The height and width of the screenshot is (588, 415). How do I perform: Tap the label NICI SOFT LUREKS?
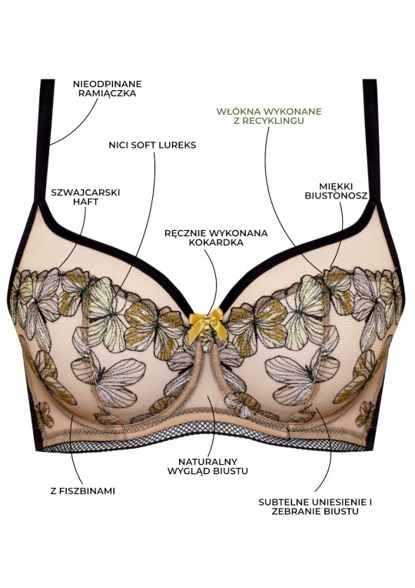pyautogui.click(x=152, y=145)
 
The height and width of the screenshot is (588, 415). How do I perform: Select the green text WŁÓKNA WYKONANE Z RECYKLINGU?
pyautogui.click(x=269, y=116)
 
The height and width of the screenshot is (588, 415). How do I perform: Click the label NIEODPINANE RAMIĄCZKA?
pyautogui.click(x=107, y=89)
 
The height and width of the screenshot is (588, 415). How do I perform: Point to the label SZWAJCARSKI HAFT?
pyautogui.click(x=85, y=197)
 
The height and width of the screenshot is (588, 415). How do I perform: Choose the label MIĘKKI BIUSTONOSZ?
pyautogui.click(x=336, y=191)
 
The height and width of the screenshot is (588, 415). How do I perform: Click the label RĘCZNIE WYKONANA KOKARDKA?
pyautogui.click(x=216, y=238)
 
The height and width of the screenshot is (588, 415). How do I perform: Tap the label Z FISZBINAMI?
pyautogui.click(x=83, y=491)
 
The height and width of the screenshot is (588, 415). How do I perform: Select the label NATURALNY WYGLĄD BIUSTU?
pyautogui.click(x=207, y=466)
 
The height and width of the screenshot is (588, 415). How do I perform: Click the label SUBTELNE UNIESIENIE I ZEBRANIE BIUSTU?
pyautogui.click(x=315, y=506)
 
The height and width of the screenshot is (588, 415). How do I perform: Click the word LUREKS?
pyautogui.click(x=178, y=145)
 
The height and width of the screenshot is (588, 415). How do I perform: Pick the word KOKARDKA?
pyautogui.click(x=216, y=242)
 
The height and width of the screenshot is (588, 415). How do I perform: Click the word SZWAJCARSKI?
pyautogui.click(x=85, y=192)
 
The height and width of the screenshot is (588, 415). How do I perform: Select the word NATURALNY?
pyautogui.click(x=207, y=462)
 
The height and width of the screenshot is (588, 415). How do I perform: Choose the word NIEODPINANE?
pyautogui.click(x=107, y=84)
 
